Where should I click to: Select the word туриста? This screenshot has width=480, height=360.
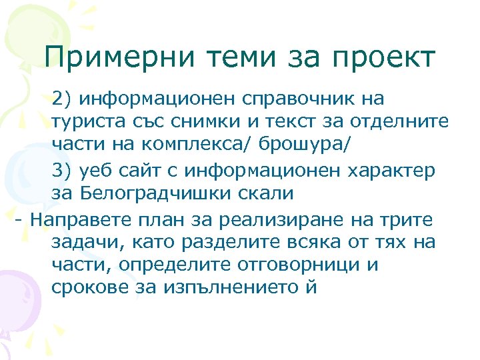tap(82, 122)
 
